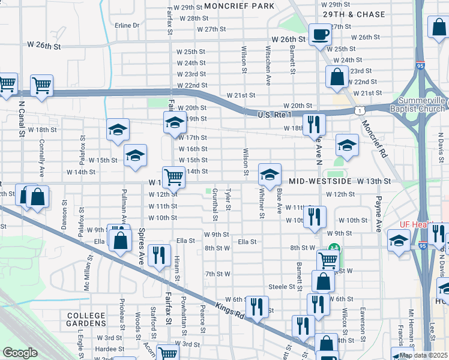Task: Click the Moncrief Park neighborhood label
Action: pyautogui.click(x=239, y=6)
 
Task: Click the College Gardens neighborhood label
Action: pyautogui.click(x=86, y=320)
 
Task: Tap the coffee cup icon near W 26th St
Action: pyautogui.click(x=320, y=35)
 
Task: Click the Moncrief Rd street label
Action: pyautogui.click(x=373, y=139)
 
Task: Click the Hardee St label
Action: pyautogui.click(x=109, y=349)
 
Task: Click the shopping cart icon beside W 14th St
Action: pyautogui.click(x=173, y=176)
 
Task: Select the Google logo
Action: pyautogui.click(x=20, y=353)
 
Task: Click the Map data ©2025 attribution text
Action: pyautogui.click(x=424, y=355)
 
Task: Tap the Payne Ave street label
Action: pyautogui.click(x=379, y=214)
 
